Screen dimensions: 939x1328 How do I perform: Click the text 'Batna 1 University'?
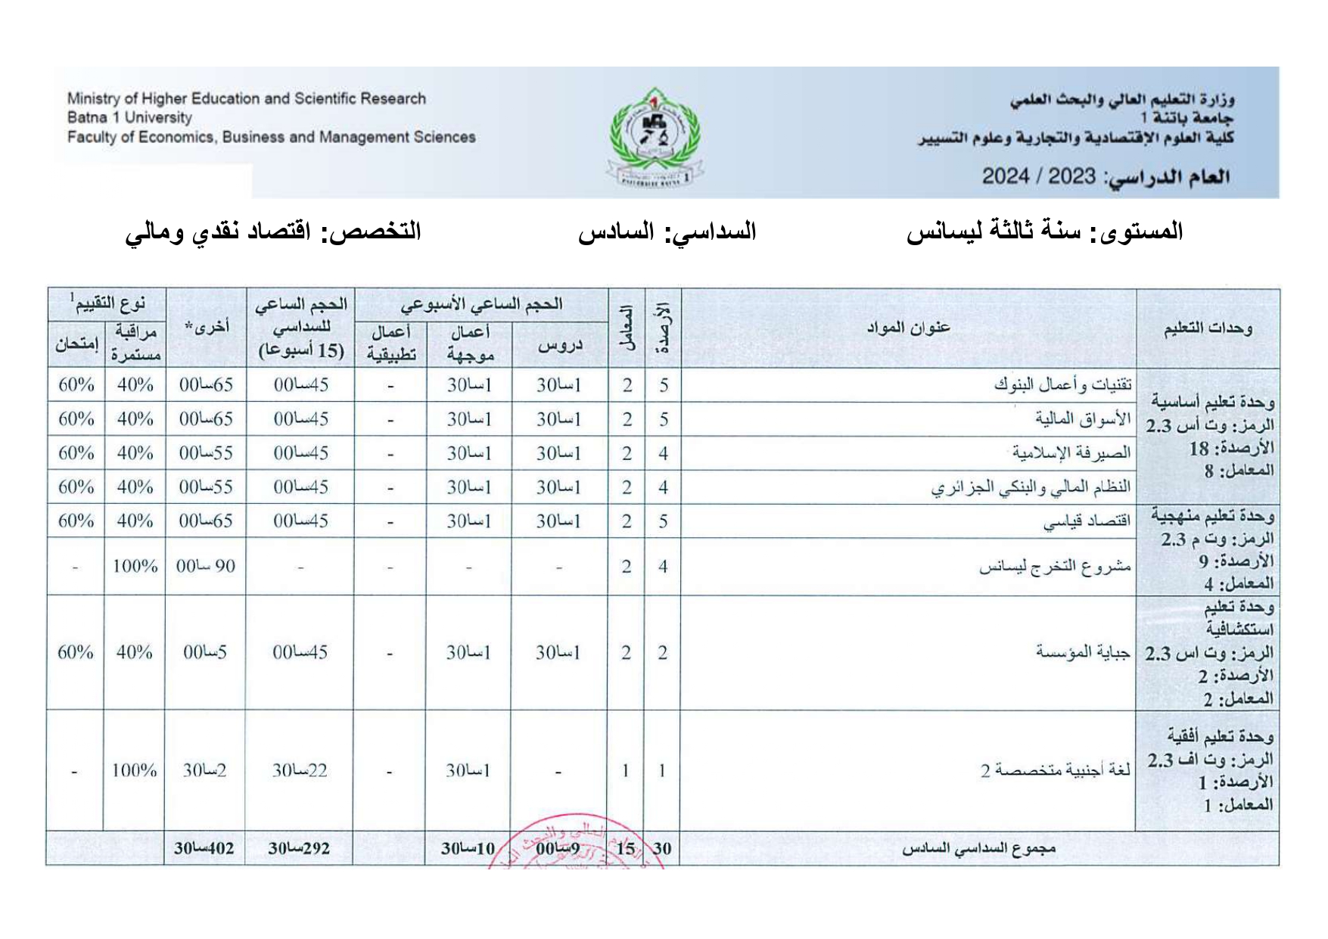click(129, 117)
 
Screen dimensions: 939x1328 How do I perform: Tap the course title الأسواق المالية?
click(1083, 418)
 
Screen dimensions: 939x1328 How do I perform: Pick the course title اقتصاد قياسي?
click(1087, 521)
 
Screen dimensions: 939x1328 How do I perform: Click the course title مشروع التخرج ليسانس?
click(1055, 566)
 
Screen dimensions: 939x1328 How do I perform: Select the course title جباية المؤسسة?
click(1083, 651)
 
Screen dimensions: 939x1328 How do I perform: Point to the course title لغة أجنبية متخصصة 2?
click(1056, 770)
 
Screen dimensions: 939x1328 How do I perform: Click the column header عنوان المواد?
click(907, 328)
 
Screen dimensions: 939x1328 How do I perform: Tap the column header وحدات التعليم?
click(1208, 328)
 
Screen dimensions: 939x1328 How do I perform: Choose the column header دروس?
click(560, 345)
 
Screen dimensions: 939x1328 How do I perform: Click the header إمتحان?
click(76, 344)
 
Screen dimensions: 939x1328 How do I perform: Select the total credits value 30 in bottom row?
click(662, 848)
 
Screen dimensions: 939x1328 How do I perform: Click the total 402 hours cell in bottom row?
click(204, 848)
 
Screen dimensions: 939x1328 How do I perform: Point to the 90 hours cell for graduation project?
click(206, 566)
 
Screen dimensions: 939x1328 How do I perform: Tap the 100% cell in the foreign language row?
click(134, 770)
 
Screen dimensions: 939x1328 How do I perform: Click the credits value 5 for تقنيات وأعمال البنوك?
click(664, 385)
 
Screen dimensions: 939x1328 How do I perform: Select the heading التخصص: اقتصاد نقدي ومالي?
click(273, 232)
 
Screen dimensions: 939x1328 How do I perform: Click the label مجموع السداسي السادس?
click(978, 848)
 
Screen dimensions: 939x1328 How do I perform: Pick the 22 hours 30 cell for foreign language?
click(300, 770)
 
